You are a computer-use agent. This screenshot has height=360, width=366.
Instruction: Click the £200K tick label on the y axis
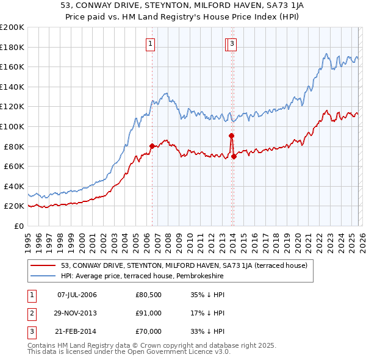[12, 27]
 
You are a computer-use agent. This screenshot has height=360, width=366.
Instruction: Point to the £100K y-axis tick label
[12, 126]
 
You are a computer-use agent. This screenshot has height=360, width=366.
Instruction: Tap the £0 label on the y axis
[18, 226]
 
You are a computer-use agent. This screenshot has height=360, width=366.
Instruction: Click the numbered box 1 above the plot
[151, 43]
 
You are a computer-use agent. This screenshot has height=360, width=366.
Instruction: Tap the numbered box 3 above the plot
[233, 43]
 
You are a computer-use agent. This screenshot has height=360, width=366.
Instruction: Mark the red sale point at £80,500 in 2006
[152, 146]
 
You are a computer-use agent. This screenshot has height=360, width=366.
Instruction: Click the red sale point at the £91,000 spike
[232, 135]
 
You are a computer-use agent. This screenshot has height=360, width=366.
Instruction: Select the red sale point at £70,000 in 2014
[234, 156]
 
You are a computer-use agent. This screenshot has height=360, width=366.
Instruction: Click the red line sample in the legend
[43, 265]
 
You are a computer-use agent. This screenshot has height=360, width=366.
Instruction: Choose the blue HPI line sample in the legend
[43, 276]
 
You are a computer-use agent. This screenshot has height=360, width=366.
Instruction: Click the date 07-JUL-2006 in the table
[77, 295]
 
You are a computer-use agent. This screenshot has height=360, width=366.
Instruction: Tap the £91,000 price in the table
[148, 314]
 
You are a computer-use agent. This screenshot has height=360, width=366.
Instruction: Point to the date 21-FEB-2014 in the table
[77, 332]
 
